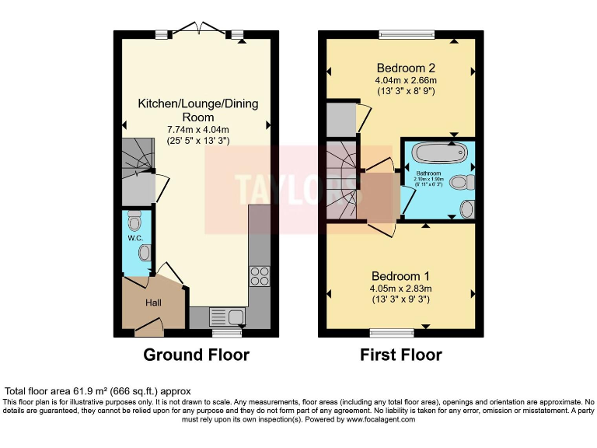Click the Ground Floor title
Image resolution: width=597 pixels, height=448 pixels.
point(196,355)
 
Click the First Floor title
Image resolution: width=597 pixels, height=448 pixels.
point(400,355)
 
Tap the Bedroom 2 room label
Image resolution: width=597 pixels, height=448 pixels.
point(405,65)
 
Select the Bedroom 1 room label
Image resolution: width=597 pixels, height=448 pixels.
point(400,276)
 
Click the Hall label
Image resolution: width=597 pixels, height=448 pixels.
point(152,302)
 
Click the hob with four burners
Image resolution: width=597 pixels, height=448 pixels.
point(258,277)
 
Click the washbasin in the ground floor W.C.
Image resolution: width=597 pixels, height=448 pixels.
point(145,253)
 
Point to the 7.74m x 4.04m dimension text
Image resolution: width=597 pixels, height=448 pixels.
point(198,129)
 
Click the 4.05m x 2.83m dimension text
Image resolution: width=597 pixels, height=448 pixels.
point(400,289)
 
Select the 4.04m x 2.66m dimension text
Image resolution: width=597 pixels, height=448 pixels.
point(405,79)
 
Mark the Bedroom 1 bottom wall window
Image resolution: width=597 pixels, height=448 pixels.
point(392,334)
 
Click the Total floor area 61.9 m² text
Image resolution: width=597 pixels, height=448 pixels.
point(98,390)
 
